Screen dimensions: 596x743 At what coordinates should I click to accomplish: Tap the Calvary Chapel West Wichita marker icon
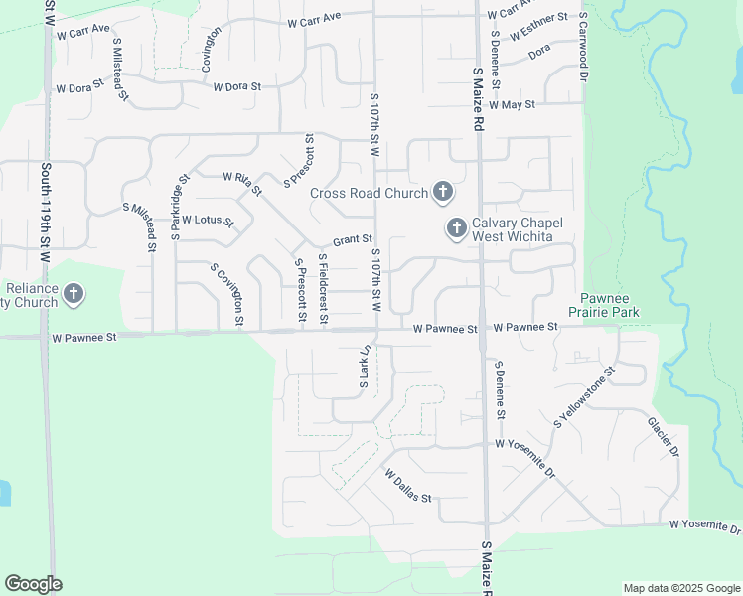(457, 229)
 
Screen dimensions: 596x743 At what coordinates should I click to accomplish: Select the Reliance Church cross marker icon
(74, 294)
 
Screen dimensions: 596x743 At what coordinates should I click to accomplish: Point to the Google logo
(33, 584)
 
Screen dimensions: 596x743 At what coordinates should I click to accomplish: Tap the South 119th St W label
(45, 214)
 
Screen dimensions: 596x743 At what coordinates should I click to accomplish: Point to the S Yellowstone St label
(585, 395)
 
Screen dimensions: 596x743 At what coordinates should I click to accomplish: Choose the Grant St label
(352, 239)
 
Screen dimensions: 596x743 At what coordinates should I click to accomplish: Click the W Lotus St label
(207, 220)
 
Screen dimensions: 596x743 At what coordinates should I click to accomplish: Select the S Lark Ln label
(365, 367)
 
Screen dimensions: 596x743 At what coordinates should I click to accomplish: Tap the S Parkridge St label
(179, 208)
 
